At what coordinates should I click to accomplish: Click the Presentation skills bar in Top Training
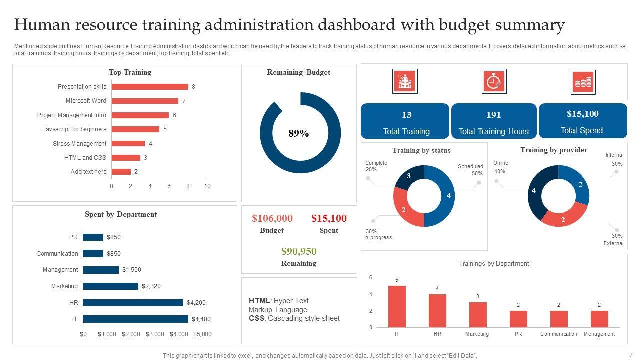150,87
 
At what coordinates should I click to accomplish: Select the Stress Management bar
128,144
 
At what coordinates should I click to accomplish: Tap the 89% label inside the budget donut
299,134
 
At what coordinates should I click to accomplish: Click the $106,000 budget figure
272,218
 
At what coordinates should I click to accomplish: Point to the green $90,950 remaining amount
299,251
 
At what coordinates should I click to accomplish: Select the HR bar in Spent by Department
133,303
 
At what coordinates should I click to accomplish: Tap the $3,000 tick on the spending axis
155,334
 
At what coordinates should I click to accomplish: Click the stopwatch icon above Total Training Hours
494,81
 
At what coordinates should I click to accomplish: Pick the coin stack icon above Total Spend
583,82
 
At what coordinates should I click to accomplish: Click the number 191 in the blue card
494,115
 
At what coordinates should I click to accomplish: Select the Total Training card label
406,132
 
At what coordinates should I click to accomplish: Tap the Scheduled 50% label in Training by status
470,170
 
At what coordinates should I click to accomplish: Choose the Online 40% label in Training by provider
500,167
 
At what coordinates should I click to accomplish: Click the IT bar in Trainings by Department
397,306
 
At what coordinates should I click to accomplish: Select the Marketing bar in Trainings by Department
478,315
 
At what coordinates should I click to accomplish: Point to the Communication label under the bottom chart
559,334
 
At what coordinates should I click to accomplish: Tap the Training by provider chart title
554,150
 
